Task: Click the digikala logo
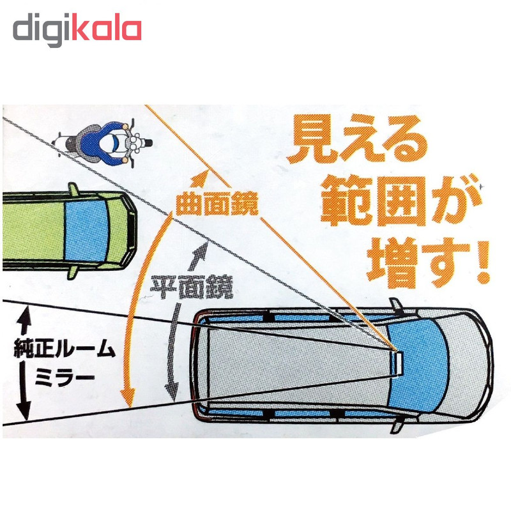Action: [77, 29]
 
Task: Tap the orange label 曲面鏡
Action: [217, 204]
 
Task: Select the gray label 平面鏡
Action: [192, 287]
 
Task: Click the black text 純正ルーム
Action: [65, 348]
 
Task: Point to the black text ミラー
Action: [65, 378]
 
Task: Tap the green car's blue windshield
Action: [86, 231]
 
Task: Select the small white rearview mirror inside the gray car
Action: [399, 363]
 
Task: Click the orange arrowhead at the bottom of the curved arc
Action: [128, 396]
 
